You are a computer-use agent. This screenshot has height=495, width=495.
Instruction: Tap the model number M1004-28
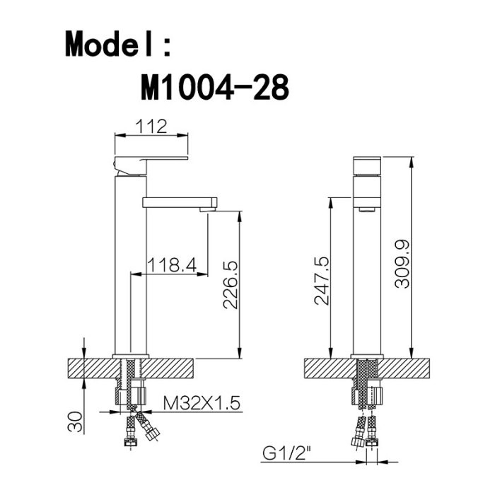click(x=215, y=87)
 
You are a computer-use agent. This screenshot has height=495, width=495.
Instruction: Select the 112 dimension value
click(x=151, y=127)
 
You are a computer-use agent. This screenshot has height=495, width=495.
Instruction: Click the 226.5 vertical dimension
click(x=230, y=285)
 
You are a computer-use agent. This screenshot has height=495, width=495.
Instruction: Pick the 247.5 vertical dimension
click(x=322, y=281)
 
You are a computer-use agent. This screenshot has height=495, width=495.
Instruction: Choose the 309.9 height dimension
click(x=402, y=264)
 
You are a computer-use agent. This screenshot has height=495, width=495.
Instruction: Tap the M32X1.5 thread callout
click(x=202, y=403)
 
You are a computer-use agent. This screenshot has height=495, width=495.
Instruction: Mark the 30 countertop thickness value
click(x=75, y=421)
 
